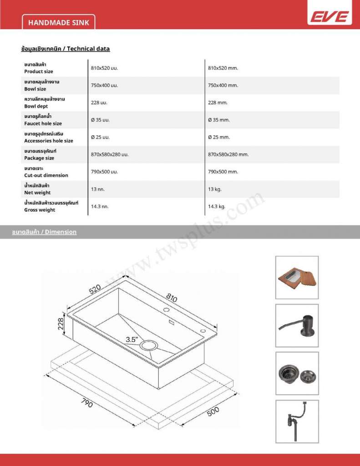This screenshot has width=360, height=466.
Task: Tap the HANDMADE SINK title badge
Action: (58, 22)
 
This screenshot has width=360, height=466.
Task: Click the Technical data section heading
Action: (66, 49)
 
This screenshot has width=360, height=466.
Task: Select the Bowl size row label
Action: (35, 89)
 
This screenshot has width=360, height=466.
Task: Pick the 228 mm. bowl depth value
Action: (218, 103)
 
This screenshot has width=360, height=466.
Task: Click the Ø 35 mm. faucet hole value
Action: (218, 120)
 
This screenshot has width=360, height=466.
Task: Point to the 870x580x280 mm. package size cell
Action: (228, 155)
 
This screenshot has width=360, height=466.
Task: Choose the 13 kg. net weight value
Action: (214, 189)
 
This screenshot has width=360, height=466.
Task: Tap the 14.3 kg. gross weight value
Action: (217, 207)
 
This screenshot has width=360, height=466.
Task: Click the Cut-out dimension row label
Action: (46, 175)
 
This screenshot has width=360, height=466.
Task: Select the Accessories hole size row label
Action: (48, 141)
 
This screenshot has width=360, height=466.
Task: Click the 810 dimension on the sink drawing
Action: (171, 299)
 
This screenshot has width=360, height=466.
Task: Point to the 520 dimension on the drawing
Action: (95, 289)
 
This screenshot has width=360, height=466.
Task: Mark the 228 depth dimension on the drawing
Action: (61, 324)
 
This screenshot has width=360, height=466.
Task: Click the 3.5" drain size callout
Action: (132, 339)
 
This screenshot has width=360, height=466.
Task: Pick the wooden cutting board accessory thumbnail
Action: (297, 277)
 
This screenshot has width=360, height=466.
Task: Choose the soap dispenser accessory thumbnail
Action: (297, 325)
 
